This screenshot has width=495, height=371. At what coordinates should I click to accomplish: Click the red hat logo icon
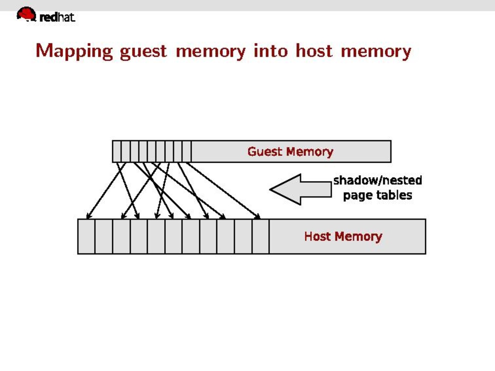point(26,14)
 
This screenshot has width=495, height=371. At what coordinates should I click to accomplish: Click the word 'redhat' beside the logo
point(57,17)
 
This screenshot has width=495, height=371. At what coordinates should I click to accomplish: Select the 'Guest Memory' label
point(290,151)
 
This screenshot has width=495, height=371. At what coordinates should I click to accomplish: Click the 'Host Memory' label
point(343,236)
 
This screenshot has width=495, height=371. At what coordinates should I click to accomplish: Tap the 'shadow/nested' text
point(377,180)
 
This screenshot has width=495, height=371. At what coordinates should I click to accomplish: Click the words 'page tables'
point(377,195)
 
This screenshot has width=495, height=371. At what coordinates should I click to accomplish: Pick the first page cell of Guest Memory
point(117,151)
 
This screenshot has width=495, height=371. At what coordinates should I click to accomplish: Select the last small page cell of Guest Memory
point(187,151)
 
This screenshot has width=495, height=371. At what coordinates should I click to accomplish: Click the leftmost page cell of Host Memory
point(87,236)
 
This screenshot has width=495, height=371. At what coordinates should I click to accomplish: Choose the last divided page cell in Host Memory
point(260,236)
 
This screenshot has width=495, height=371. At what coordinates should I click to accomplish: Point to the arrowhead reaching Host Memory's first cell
point(88,216)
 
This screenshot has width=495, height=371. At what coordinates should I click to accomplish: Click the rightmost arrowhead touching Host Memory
point(258,216)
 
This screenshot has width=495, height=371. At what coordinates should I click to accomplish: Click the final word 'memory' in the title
point(376,51)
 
